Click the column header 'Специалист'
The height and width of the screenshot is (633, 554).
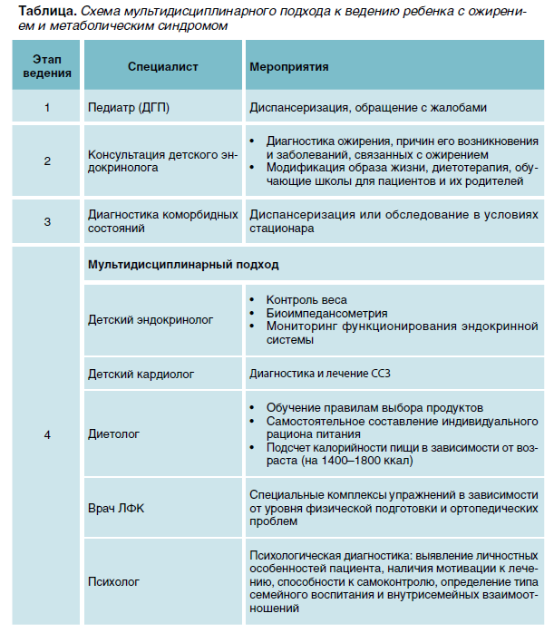point(162,67)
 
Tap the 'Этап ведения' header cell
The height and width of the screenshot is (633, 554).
point(47,67)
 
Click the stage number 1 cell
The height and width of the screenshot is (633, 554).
point(47,107)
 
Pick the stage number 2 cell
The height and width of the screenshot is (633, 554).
point(47,161)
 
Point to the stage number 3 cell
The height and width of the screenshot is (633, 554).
point(47,222)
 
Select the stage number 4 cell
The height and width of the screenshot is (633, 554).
point(47,434)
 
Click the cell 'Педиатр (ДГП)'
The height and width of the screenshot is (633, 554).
point(128,107)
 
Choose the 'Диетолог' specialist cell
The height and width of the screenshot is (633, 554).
point(114,434)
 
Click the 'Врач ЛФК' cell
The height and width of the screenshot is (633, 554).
point(116,509)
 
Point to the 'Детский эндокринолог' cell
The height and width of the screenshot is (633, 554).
point(150,320)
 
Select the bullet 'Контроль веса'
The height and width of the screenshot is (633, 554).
point(306,300)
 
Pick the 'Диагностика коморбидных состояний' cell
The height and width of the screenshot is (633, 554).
point(161,222)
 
